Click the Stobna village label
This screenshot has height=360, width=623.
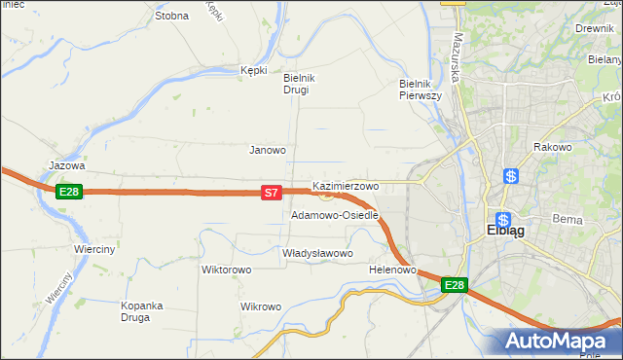click(x=171, y=16)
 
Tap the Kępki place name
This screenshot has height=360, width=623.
click(x=253, y=70)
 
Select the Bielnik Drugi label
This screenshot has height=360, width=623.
click(x=296, y=84)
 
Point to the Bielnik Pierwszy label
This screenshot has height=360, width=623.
click(x=421, y=90)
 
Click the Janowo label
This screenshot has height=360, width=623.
click(x=268, y=150)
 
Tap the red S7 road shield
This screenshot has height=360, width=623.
click(x=273, y=194)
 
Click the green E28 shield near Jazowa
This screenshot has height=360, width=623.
click(x=67, y=192)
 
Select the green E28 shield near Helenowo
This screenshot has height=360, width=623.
click(x=455, y=285)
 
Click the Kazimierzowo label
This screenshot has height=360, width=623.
click(x=346, y=185)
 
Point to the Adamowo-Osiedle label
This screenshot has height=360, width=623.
click(x=334, y=215)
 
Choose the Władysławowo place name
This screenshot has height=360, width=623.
click(x=317, y=253)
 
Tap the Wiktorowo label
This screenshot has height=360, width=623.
click(x=227, y=270)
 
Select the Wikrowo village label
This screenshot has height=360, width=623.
click(x=260, y=306)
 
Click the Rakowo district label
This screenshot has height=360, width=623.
click(x=552, y=147)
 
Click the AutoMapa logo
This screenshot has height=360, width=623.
click(x=560, y=341)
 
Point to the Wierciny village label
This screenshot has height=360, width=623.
click(x=94, y=249)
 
